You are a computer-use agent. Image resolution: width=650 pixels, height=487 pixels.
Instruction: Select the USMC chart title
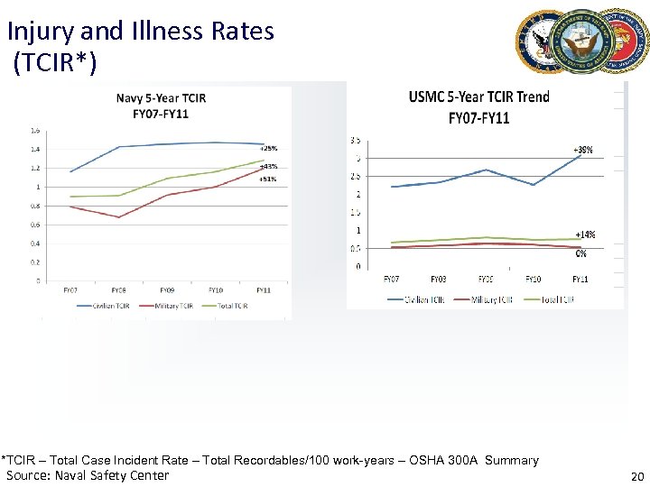[x=478, y=107]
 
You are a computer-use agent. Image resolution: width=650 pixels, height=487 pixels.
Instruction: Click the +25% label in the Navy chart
[x=268, y=148]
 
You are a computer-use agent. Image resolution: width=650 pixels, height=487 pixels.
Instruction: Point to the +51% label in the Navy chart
[x=268, y=179]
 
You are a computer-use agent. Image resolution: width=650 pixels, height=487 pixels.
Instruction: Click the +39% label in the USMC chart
[x=583, y=150]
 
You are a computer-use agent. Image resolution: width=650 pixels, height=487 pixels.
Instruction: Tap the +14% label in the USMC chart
[x=585, y=234]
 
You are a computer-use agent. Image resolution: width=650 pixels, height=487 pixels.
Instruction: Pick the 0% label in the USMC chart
[x=582, y=253]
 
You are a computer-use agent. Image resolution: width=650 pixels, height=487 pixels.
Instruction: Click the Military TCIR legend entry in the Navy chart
[x=172, y=307]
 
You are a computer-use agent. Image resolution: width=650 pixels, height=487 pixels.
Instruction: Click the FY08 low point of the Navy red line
[x=118, y=217]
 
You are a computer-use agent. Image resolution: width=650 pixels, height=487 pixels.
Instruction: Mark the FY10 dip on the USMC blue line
[x=534, y=185]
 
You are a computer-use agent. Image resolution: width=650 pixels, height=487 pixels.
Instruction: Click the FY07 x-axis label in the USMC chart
[x=392, y=279]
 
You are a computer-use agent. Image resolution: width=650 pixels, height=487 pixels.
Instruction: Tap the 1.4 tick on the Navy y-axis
[x=35, y=149]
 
